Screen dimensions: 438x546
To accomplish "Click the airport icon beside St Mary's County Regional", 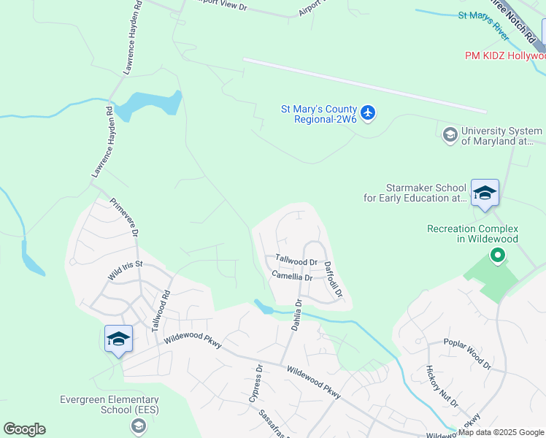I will pos(368,113).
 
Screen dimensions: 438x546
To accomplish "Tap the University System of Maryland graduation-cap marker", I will pos(450,134).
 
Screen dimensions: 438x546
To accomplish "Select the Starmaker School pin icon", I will pos(485,193).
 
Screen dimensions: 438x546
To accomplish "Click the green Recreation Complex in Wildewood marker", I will pos(498,255).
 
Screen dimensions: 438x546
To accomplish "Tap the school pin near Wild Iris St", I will pos(118,339).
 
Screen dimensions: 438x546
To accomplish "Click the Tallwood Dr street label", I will pos(296,261).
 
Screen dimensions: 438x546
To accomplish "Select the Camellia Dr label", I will pos(291,277).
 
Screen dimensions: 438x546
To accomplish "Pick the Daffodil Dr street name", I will pos(333,280).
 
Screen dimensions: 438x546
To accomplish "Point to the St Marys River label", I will pos(483,26).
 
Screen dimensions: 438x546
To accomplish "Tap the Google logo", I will pos(24,429).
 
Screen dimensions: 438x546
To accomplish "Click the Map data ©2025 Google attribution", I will pos(501,432).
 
